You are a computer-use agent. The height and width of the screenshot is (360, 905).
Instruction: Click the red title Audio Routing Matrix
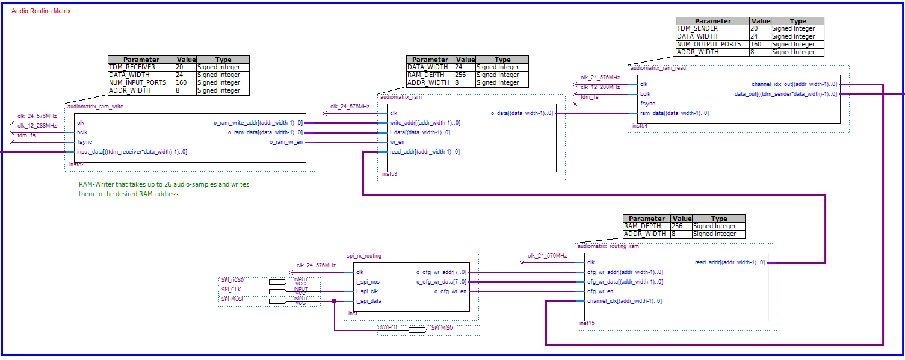(x=42, y=11)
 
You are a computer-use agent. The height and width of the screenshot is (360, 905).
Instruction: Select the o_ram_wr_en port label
(x=286, y=142)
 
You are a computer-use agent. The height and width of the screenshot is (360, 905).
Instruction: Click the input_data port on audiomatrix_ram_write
(x=132, y=152)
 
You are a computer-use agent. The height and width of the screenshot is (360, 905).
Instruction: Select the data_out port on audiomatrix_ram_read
(x=785, y=94)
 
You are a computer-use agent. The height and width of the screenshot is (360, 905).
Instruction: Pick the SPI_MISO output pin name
(x=442, y=328)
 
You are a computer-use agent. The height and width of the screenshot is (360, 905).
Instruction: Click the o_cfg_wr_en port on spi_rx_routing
(x=450, y=291)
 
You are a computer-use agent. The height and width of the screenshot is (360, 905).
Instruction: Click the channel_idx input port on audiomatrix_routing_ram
(x=625, y=301)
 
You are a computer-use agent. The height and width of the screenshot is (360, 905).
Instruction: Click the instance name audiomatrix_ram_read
(x=658, y=68)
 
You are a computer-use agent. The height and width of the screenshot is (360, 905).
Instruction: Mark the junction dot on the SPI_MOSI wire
(x=334, y=301)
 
